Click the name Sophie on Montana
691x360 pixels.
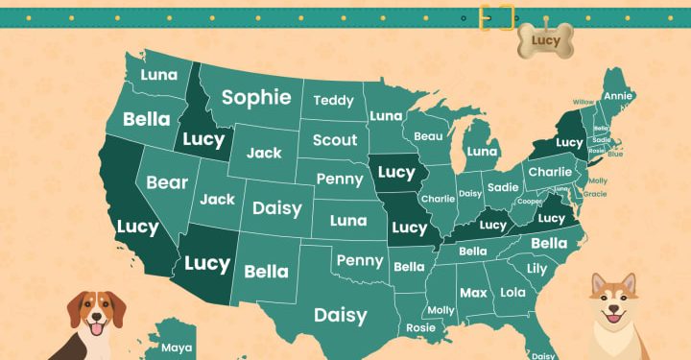tap(256, 97)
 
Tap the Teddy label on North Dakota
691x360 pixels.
tap(333, 100)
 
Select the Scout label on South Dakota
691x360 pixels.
tap(335, 140)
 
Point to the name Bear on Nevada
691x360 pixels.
tap(167, 182)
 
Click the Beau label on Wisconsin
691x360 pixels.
tap(428, 137)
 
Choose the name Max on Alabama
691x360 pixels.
tap(472, 292)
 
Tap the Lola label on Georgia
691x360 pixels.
tap(513, 292)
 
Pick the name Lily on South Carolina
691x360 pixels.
tap(536, 269)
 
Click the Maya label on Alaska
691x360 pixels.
tap(177, 348)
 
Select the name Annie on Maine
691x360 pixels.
tap(618, 96)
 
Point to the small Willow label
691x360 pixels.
tap(583, 102)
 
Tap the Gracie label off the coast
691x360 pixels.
tap(595, 194)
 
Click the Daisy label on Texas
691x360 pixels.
tap(341, 315)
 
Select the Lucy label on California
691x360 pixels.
tap(137, 227)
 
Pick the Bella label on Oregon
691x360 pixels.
tap(146, 120)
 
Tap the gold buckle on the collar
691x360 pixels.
tap(498, 17)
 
